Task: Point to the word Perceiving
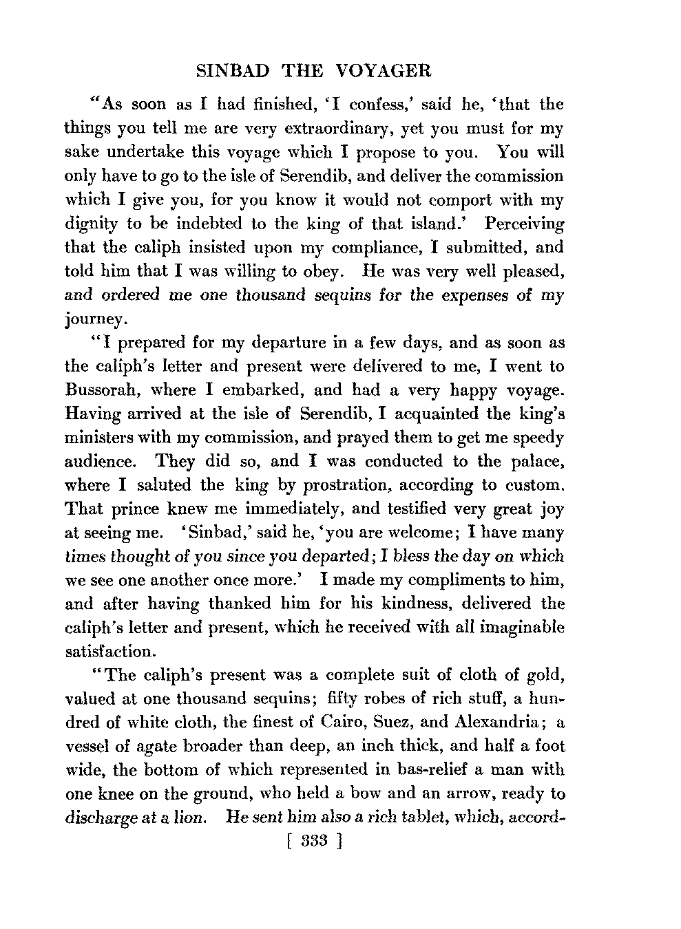pyautogui.click(x=525, y=224)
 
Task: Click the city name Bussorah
pyautogui.click(x=101, y=390)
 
